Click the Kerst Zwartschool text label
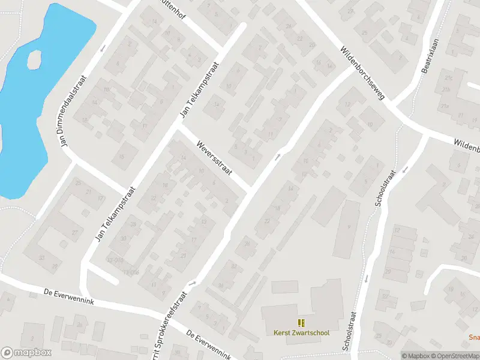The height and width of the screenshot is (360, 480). tap(301, 333)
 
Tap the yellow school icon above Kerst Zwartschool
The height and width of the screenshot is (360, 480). tap(301, 323)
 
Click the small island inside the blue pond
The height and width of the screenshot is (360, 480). tap(34, 58)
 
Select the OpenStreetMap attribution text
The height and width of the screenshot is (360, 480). tap(456, 356)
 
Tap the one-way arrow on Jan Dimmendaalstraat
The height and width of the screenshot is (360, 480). tap(103, 47)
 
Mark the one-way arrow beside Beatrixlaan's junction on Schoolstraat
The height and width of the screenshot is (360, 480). tap(406, 169)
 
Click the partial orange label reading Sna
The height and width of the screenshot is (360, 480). tap(474, 337)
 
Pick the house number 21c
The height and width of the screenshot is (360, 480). tap(446, 79)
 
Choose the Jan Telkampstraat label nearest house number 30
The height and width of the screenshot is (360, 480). tap(115, 214)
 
